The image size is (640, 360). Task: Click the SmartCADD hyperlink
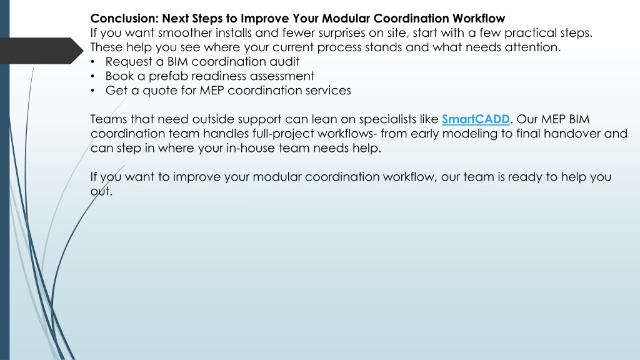(476, 119)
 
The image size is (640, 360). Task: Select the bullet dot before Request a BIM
(92, 62)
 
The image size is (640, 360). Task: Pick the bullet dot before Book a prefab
(92, 76)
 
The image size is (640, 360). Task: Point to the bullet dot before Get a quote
(92, 91)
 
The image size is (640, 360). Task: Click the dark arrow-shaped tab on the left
(41, 51)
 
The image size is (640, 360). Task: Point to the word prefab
(164, 76)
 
